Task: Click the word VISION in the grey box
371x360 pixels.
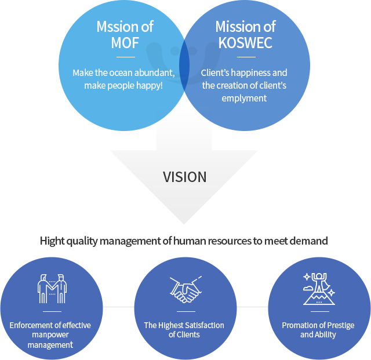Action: (184, 177)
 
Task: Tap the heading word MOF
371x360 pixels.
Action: (125, 43)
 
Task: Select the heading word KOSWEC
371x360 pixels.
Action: (245, 43)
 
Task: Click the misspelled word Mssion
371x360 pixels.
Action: (111, 27)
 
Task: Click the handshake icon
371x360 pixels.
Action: (185, 289)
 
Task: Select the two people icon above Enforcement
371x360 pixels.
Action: (52, 288)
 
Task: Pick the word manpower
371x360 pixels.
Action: (52, 335)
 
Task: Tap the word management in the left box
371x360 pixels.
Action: (50, 345)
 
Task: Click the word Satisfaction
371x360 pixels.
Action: (203, 325)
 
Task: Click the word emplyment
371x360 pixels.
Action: (244, 98)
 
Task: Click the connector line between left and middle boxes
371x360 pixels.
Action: (118, 307)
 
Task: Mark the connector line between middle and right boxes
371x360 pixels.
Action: (252, 307)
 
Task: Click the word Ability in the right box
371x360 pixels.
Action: (326, 334)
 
